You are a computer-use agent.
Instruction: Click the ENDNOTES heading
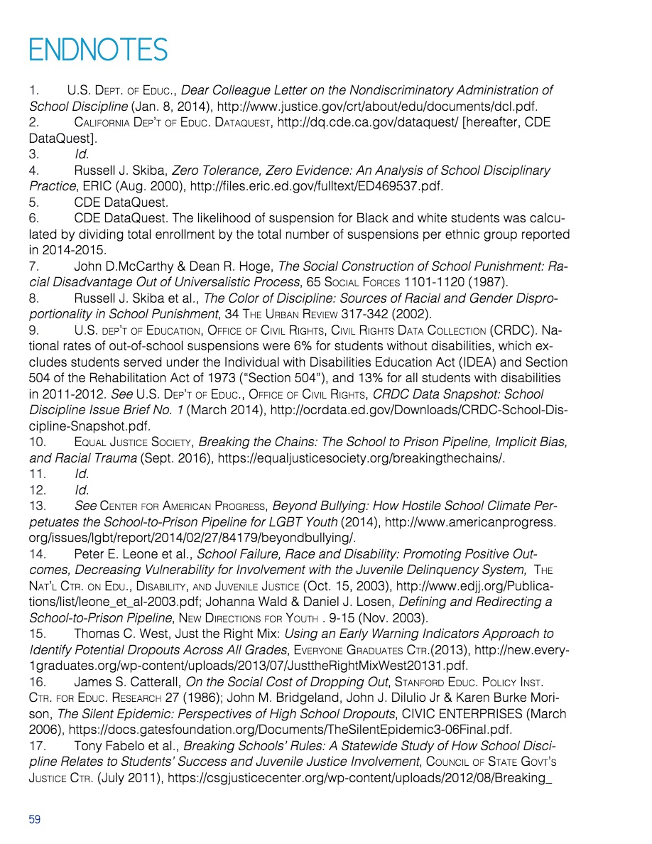[98, 50]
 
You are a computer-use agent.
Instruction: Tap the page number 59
[35, 819]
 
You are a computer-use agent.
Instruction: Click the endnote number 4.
[33, 171]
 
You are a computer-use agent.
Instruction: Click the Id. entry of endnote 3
[81, 154]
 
